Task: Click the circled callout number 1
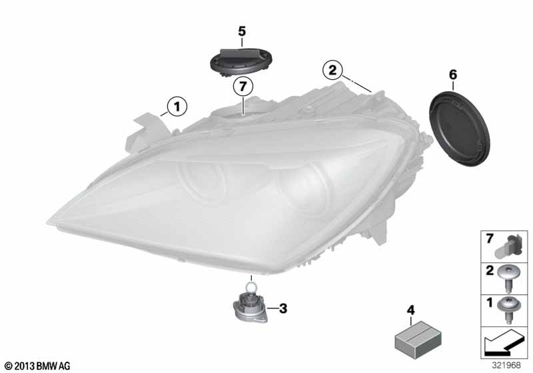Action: coord(177,107)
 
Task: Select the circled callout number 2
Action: coord(332,70)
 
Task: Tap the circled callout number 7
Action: coord(243,87)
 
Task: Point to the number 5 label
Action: coord(242,31)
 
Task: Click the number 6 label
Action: coord(453,75)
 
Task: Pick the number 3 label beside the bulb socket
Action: coord(283,308)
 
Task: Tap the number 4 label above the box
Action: coord(411,310)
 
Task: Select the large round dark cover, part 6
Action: coord(460,128)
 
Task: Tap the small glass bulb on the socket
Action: coord(251,288)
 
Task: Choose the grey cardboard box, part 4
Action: coord(418,337)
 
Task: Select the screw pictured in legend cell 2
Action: coord(508,278)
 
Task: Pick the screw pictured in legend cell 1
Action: coord(508,310)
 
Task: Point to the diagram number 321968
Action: coord(506,366)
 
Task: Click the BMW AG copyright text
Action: coord(38,366)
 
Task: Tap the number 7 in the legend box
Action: coord(490,239)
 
